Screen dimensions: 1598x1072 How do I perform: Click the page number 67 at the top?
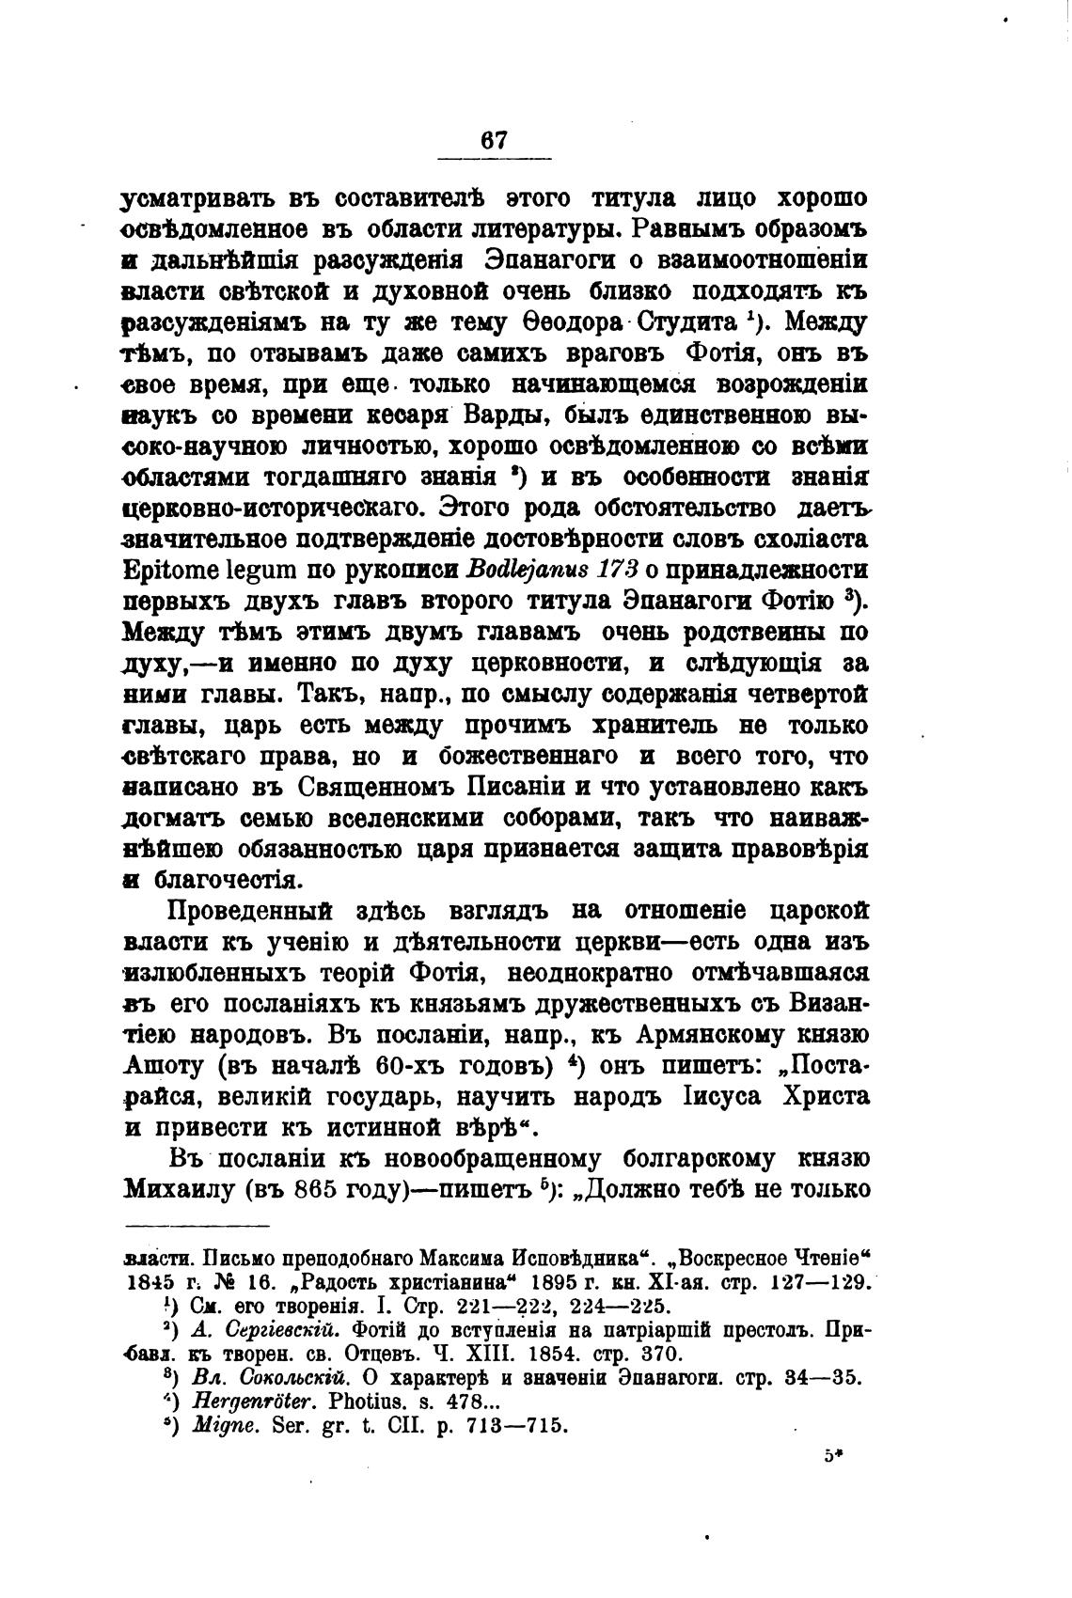pyautogui.click(x=495, y=139)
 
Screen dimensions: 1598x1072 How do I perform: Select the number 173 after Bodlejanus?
pyautogui.click(x=614, y=570)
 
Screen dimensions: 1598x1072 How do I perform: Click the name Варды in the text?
pyautogui.click(x=500, y=415)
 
